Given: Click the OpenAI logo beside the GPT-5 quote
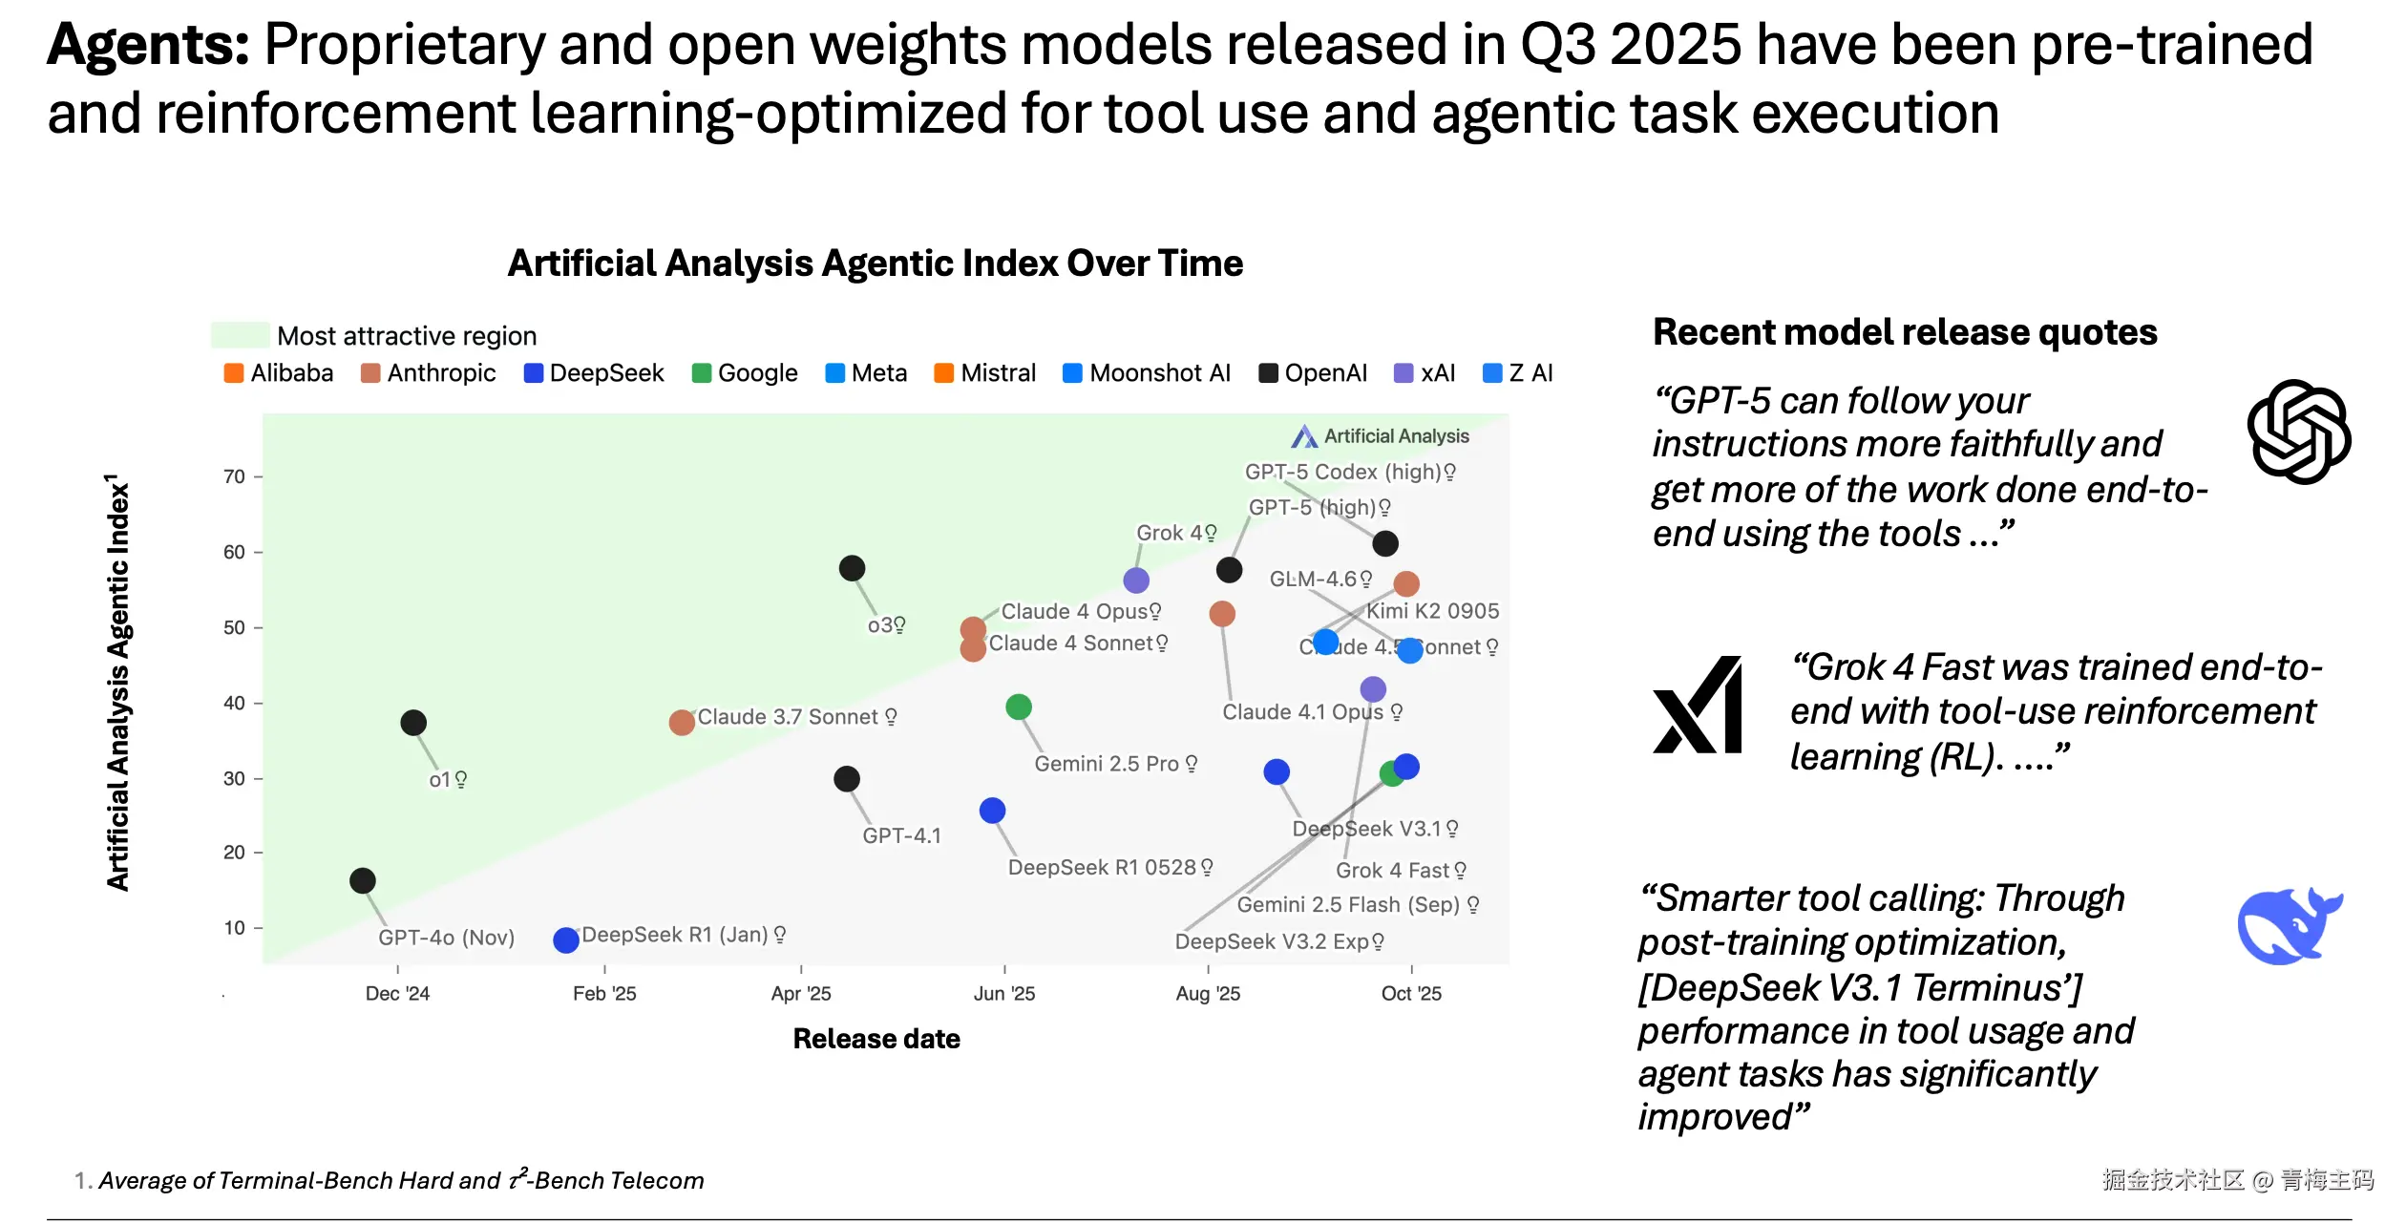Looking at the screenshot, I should [x=2298, y=432].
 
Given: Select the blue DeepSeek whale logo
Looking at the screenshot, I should [x=2288, y=925].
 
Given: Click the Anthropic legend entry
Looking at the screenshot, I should [x=429, y=373].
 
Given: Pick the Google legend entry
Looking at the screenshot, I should [x=745, y=373].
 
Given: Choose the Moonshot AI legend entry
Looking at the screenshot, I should [x=1147, y=373].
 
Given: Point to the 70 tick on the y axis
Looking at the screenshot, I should [x=234, y=476].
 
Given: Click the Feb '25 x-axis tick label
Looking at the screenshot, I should [x=604, y=994].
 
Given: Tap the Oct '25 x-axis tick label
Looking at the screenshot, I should [x=1411, y=994].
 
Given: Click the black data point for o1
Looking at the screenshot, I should [x=413, y=723].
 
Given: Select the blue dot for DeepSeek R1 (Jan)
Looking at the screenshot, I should [x=566, y=940].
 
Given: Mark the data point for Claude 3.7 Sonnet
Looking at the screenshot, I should [x=682, y=723].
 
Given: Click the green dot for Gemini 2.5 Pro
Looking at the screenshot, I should [x=1019, y=707].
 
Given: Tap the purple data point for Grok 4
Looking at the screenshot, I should [x=1136, y=580].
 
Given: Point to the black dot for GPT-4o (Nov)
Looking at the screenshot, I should [x=363, y=881].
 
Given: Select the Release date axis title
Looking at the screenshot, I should [x=876, y=1039].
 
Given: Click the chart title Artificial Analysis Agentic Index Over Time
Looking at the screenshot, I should [x=875, y=264].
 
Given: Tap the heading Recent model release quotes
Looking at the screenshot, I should [x=1905, y=332].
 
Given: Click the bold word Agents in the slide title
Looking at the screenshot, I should [x=148, y=45].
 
